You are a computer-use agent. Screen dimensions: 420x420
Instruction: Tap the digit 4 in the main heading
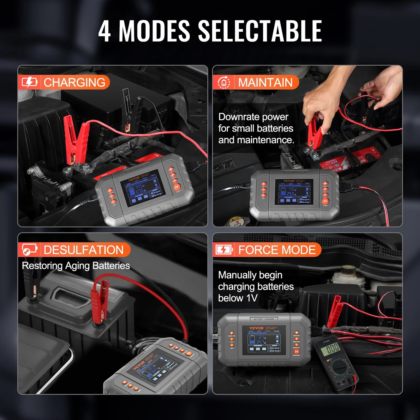(104, 31)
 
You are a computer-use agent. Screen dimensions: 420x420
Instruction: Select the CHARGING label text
(74, 83)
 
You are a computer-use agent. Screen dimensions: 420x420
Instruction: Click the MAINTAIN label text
(265, 83)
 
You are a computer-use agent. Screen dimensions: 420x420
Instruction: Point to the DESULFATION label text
(84, 250)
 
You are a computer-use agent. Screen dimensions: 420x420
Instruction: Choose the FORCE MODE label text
(277, 250)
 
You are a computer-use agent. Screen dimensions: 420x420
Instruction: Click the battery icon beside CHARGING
(29, 82)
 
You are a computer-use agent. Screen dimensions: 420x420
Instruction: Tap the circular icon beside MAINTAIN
(224, 83)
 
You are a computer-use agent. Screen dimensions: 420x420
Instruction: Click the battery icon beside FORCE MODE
(224, 250)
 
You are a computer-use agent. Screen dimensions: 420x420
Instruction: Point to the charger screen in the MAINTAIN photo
(294, 192)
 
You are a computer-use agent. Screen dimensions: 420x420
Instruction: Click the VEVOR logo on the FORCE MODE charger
(256, 328)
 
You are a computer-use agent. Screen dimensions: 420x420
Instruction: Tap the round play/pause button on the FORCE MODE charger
(296, 351)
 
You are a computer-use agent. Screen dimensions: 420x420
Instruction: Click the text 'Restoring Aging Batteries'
(76, 266)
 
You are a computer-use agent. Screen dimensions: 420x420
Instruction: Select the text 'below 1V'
(238, 298)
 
